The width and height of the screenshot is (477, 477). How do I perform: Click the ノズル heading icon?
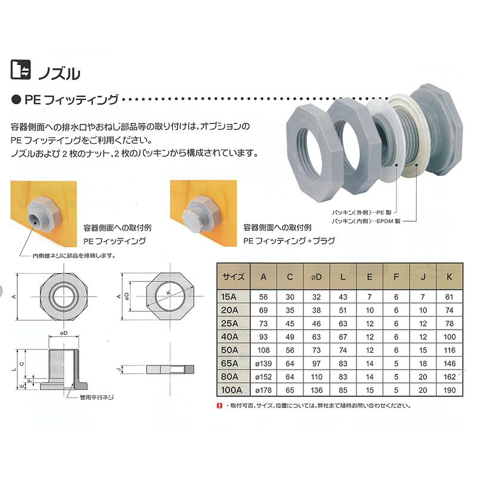pyautogui.click(x=21, y=70)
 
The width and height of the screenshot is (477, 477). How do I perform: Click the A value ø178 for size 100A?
pyautogui.click(x=264, y=390)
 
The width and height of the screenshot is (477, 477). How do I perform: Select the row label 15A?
pyautogui.click(x=229, y=296)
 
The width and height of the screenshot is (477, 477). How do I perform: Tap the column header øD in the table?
pyautogui.click(x=317, y=277)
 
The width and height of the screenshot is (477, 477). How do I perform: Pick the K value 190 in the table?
pyautogui.click(x=450, y=390)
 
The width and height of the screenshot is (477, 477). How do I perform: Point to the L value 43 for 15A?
pyautogui.click(x=343, y=297)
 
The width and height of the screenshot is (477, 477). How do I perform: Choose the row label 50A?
pyautogui.click(x=230, y=350)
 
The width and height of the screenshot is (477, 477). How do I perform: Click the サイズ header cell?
pyautogui.click(x=233, y=277)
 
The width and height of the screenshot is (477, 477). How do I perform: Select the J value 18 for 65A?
pyautogui.click(x=423, y=364)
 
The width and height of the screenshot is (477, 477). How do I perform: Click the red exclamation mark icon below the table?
pyautogui.click(x=219, y=405)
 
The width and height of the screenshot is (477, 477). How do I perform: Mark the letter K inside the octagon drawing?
pyautogui.click(x=169, y=293)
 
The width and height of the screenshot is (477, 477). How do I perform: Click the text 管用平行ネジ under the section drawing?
pyautogui.click(x=97, y=397)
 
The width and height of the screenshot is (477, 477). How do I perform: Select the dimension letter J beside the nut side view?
pyautogui.click(x=119, y=369)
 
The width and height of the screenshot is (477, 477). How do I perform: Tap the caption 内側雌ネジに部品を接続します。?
pyautogui.click(x=74, y=256)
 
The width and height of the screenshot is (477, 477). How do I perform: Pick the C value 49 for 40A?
pyautogui.click(x=290, y=337)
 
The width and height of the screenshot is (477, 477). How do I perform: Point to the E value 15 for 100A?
pyautogui.click(x=370, y=390)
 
